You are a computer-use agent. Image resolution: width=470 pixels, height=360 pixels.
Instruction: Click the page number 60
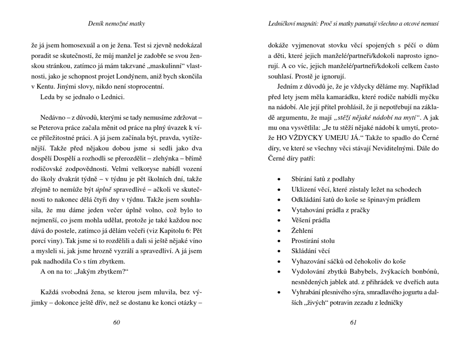click(117, 322)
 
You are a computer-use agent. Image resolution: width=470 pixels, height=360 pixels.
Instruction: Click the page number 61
click(353, 322)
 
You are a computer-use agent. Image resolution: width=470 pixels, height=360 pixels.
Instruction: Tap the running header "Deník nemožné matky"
click(117, 23)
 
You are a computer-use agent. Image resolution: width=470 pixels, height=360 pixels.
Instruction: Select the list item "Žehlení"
click(303, 230)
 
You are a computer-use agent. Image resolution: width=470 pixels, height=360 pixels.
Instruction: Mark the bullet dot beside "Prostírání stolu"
click(280, 241)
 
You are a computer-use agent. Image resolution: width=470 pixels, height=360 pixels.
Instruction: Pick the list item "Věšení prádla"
click(311, 220)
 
